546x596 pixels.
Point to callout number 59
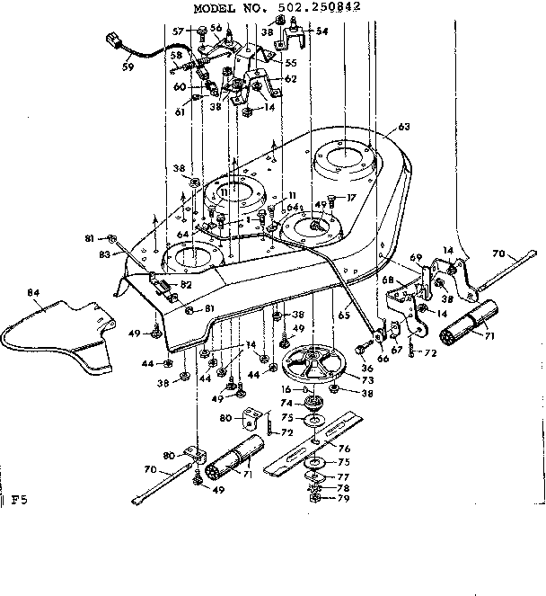click(x=128, y=65)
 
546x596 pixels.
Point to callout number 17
click(x=353, y=199)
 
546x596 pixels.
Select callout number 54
click(x=322, y=31)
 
